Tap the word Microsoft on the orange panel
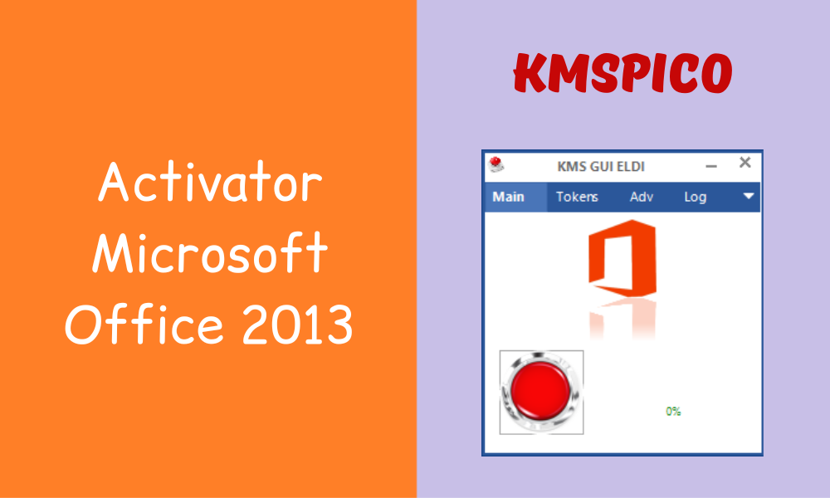[x=210, y=254]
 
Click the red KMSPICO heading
[x=622, y=75]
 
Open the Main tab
[x=509, y=197]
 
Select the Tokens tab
[x=577, y=197]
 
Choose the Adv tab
[x=642, y=197]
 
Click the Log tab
[x=696, y=197]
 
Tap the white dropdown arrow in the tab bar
[x=749, y=197]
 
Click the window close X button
[x=745, y=163]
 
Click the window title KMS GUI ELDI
[x=601, y=167]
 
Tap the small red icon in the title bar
[x=497, y=164]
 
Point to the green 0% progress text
[x=673, y=411]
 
